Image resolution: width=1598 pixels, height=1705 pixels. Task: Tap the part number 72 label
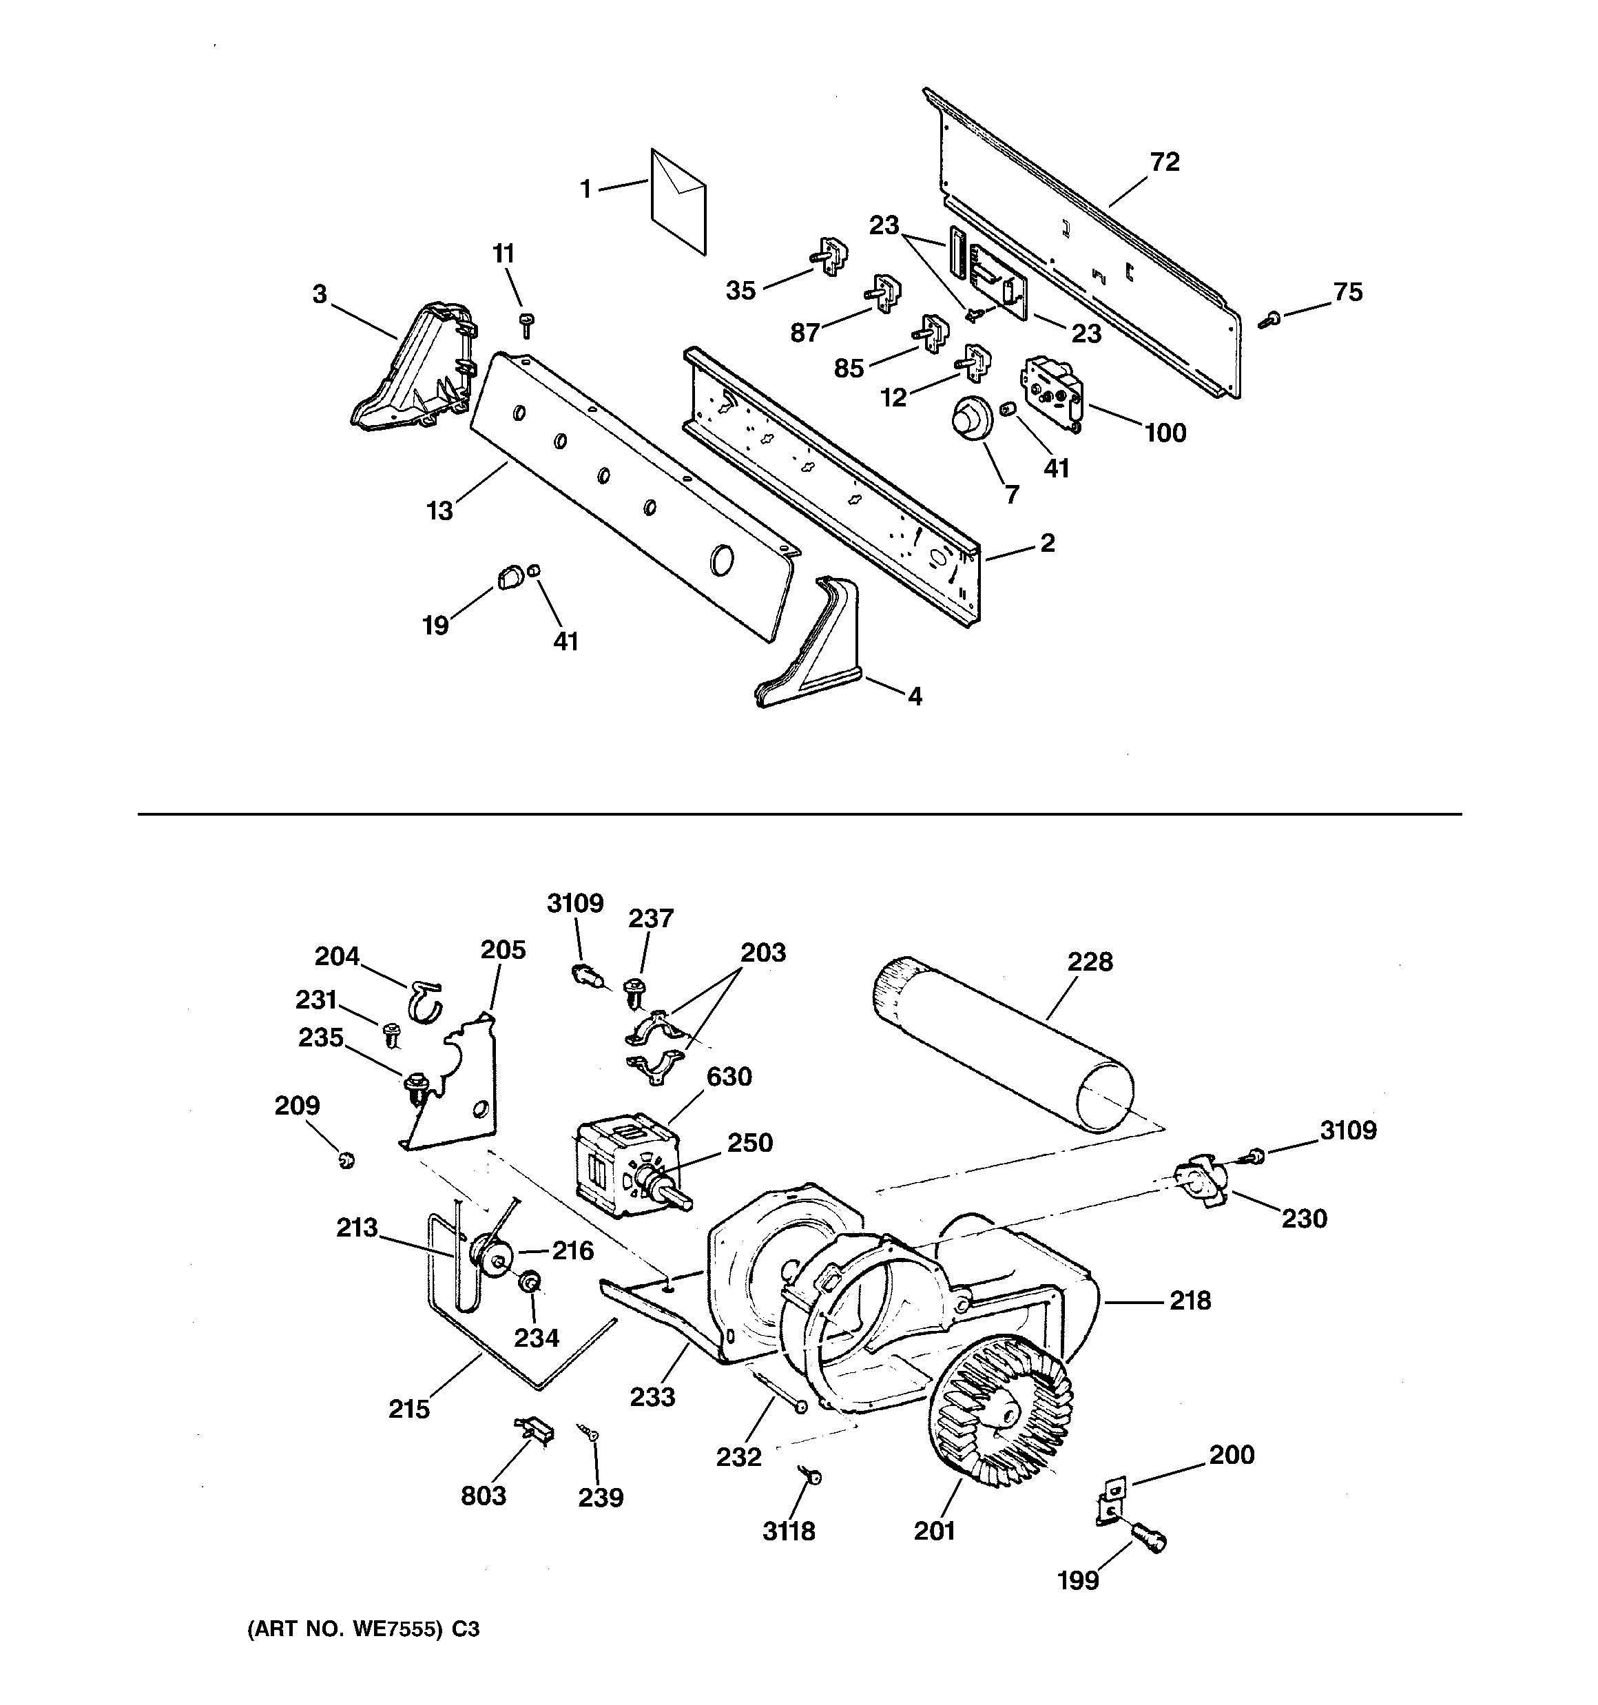(x=1164, y=162)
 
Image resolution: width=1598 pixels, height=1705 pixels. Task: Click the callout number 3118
(x=788, y=1531)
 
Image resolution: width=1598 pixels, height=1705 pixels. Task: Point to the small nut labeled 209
(x=346, y=1161)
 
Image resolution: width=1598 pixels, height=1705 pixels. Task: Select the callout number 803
(x=483, y=1496)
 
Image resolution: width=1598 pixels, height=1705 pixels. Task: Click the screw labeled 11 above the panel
(x=527, y=325)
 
